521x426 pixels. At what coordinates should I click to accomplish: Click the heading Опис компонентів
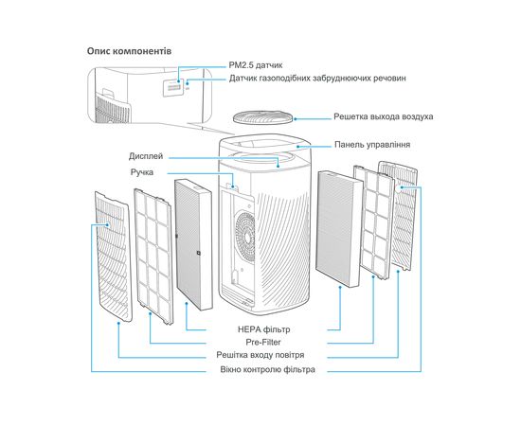point(129,51)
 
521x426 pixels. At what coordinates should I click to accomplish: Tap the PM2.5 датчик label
point(256,65)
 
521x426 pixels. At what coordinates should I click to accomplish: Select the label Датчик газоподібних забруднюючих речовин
point(317,79)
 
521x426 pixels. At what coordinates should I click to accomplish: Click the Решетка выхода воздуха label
point(383,116)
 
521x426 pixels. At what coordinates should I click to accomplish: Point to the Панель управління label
point(372,145)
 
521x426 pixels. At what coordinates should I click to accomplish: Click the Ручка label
point(142,172)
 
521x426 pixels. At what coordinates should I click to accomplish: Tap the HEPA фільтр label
point(264,329)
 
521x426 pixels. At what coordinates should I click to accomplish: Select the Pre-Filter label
point(263,343)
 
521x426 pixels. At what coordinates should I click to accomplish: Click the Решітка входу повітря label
point(260,355)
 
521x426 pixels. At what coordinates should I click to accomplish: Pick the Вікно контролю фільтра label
point(267,369)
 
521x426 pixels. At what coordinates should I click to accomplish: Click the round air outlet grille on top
point(264,118)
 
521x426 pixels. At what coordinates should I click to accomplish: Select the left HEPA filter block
point(193,244)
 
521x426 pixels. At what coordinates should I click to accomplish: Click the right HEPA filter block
point(339,229)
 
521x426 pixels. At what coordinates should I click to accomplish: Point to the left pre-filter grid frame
point(153,256)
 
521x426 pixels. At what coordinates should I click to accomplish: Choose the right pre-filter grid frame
point(374,222)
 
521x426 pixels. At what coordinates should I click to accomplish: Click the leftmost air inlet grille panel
point(113,257)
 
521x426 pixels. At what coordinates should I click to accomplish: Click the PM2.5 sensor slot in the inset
point(174,88)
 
